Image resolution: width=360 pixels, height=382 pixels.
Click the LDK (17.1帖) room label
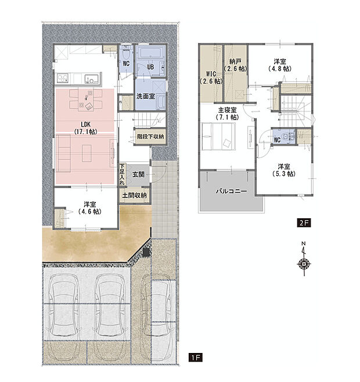(x=85, y=128)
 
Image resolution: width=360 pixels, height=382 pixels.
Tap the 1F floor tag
(x=196, y=358)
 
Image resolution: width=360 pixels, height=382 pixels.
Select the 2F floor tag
(x=304, y=223)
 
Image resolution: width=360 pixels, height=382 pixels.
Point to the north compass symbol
(x=304, y=260)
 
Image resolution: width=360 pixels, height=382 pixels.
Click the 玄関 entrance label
(x=138, y=174)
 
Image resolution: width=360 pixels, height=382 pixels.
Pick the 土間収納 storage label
(x=134, y=195)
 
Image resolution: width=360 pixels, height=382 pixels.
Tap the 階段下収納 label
(x=150, y=136)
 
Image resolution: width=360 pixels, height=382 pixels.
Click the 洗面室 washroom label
(x=146, y=96)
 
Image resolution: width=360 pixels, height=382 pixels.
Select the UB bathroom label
(x=150, y=67)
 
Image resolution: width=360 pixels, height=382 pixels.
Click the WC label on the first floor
(x=126, y=64)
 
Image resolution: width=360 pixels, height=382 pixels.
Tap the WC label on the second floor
(x=277, y=140)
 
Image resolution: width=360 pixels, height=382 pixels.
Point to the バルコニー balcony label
(x=231, y=191)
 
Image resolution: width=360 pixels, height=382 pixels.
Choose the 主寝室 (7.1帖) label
(x=228, y=114)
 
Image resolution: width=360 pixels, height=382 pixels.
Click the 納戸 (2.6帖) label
(x=235, y=65)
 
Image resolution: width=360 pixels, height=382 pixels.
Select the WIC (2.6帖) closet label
(x=211, y=78)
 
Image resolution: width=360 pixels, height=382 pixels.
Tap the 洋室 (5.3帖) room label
(x=284, y=170)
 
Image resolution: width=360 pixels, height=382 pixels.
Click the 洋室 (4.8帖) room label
(x=280, y=65)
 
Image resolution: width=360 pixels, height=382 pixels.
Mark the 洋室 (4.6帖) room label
(x=90, y=208)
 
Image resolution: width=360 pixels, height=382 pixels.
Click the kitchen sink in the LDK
(x=92, y=78)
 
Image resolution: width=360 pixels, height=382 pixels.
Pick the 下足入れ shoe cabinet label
(x=122, y=174)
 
